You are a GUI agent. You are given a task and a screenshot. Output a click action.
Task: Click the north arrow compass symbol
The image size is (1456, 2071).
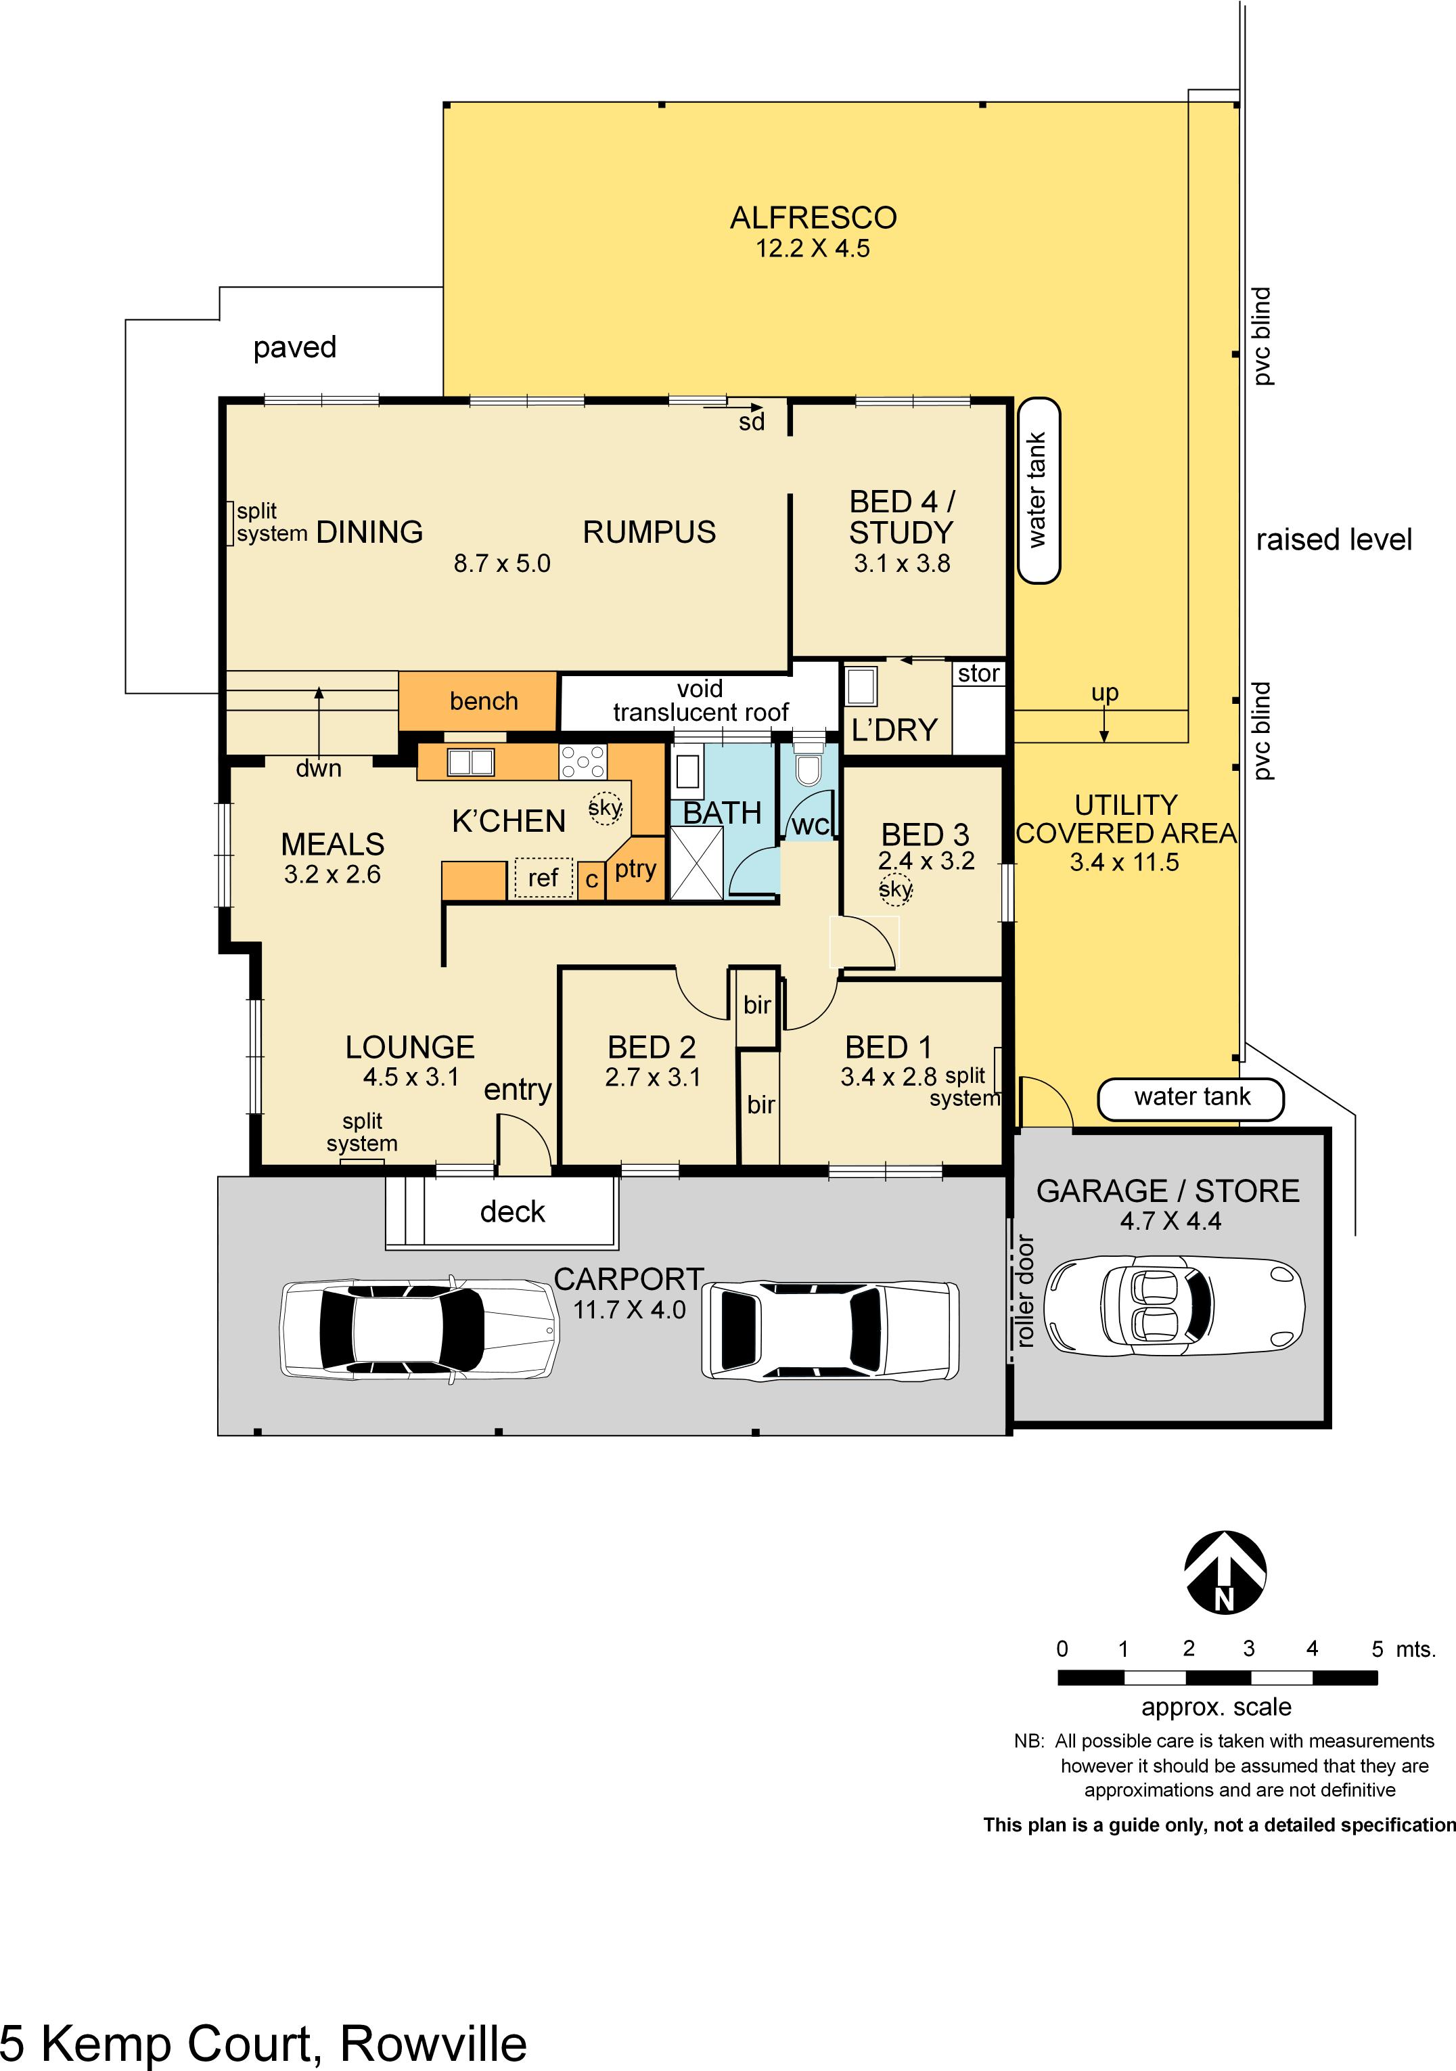(x=1225, y=1572)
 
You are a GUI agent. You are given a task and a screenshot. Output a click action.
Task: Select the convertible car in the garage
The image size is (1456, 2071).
(x=1174, y=1304)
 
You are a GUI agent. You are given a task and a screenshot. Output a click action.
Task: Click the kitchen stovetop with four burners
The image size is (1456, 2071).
(x=583, y=761)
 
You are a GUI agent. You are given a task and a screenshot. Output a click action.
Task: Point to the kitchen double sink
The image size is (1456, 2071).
(x=471, y=762)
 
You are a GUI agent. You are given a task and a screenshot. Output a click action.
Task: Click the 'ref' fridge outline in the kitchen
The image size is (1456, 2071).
(x=544, y=878)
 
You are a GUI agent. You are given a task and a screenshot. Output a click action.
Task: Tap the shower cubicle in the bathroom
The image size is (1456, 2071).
(x=697, y=863)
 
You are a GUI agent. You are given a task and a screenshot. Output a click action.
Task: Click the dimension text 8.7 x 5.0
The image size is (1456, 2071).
(x=501, y=564)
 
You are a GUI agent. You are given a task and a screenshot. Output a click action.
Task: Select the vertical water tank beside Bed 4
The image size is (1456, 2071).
(x=1039, y=491)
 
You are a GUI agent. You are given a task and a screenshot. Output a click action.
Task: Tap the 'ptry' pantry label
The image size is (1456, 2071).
(x=635, y=870)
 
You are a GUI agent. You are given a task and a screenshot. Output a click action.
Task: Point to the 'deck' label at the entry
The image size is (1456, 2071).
(x=512, y=1211)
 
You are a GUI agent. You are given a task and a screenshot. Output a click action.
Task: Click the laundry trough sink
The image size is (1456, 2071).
(x=861, y=686)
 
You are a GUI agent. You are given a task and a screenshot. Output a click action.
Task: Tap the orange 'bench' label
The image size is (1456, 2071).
(x=484, y=701)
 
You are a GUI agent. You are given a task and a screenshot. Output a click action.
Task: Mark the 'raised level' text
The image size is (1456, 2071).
(x=1334, y=539)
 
